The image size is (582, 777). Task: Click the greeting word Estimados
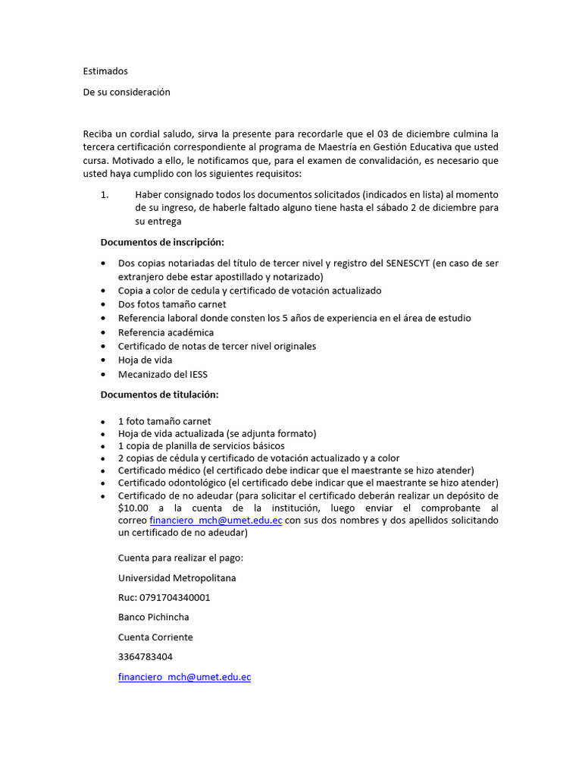tap(105, 71)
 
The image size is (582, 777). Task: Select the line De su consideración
tap(127, 92)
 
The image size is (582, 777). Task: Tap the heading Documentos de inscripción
tap(162, 242)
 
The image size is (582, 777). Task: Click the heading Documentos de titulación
tap(159, 395)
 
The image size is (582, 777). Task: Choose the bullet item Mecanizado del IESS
tap(162, 374)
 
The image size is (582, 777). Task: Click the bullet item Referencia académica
tap(165, 332)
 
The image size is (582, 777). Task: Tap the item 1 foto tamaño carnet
tap(164, 421)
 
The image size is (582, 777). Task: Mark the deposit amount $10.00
tap(134, 508)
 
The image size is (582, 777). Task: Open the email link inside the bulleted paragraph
tap(215, 521)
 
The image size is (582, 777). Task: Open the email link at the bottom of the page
tap(184, 677)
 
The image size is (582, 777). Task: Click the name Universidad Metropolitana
tap(177, 578)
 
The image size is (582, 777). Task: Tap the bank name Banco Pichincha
tap(153, 617)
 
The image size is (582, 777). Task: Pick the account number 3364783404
tap(145, 656)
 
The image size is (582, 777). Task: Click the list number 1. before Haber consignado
tap(105, 194)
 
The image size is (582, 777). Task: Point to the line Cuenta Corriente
tap(155, 637)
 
